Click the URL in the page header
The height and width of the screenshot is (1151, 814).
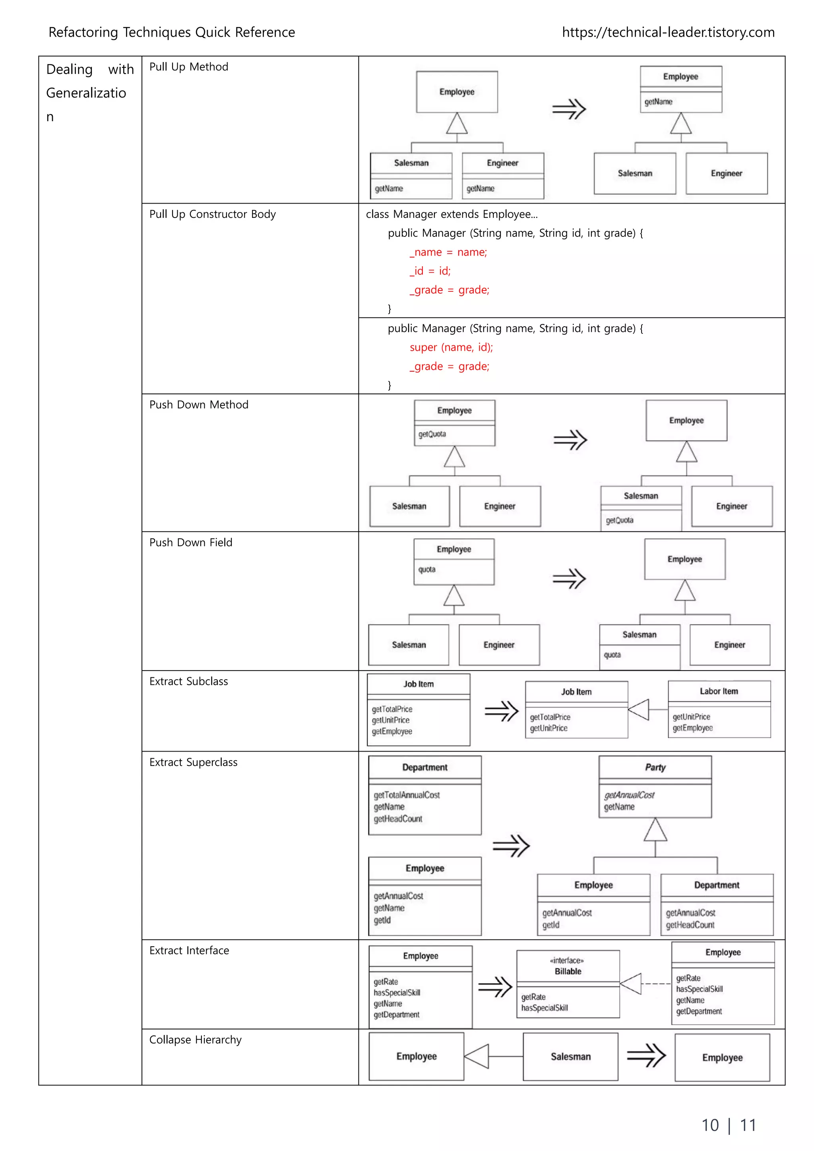click(668, 33)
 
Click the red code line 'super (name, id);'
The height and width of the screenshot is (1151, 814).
click(451, 347)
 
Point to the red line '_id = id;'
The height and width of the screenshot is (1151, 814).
click(430, 271)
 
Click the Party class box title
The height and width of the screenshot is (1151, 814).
click(655, 767)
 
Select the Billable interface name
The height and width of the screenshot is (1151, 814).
click(568, 971)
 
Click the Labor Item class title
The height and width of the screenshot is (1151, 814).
click(719, 691)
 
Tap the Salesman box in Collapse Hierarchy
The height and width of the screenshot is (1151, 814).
click(570, 1056)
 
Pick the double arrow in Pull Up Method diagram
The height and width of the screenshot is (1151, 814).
click(569, 109)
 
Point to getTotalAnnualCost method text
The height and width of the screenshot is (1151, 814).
click(407, 794)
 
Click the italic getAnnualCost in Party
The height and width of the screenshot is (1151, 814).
click(629, 794)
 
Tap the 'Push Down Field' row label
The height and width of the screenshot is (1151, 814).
click(190, 543)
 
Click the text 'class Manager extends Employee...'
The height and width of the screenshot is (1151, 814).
click(452, 214)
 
